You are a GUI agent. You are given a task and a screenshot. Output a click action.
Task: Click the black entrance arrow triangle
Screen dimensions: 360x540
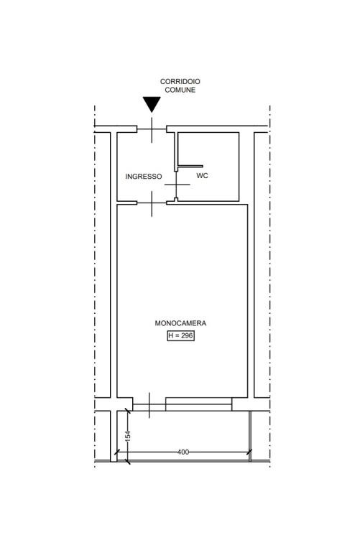152,103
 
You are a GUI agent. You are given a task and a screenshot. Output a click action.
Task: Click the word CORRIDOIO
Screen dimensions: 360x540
180,82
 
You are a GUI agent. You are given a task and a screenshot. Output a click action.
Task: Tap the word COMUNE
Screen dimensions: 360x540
180,90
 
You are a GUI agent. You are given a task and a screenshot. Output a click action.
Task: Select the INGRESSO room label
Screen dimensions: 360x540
143,177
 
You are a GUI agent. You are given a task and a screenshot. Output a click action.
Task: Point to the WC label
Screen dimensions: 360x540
202,176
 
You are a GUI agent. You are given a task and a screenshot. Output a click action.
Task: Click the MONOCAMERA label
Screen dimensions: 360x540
180,323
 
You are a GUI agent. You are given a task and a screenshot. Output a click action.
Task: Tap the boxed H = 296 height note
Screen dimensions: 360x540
181,335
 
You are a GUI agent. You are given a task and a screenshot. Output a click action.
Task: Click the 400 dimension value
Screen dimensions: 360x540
183,452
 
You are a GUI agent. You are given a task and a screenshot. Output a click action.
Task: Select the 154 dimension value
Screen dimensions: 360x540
127,436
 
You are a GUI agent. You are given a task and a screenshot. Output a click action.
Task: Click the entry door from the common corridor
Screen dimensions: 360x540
152,129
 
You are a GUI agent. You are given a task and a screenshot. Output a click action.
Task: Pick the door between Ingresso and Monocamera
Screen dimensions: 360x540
152,203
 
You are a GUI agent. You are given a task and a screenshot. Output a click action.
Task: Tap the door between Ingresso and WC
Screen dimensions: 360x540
176,185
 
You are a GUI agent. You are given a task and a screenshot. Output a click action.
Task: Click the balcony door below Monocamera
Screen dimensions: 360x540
149,405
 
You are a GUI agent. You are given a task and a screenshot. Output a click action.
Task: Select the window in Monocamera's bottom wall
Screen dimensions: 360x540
198,404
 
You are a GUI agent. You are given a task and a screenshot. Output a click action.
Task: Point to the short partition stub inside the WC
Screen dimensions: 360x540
190,166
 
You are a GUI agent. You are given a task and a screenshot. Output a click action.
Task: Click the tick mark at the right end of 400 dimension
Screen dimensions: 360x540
249,452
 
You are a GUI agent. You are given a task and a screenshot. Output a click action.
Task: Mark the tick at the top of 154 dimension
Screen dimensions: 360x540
127,411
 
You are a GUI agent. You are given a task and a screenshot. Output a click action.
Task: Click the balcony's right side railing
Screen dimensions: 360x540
250,436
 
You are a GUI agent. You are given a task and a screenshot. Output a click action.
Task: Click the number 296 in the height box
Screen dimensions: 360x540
187,335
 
